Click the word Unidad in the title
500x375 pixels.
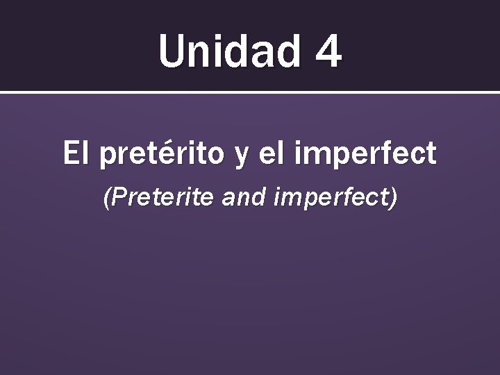[228, 51]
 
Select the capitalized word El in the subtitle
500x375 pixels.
[76, 153]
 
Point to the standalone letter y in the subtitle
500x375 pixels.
[242, 157]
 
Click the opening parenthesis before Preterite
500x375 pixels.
[107, 200]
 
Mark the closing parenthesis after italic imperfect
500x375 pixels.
[394, 200]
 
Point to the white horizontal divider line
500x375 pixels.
[250, 92]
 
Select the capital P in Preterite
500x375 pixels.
[117, 199]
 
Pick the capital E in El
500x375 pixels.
[70, 153]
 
